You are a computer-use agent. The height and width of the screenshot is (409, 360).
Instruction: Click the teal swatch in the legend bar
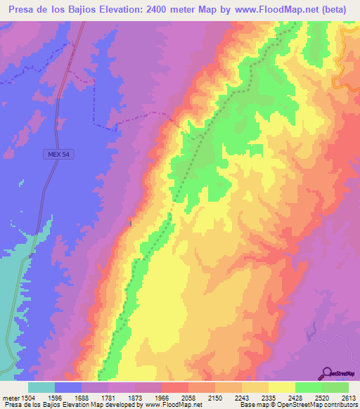pos(41,387)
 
